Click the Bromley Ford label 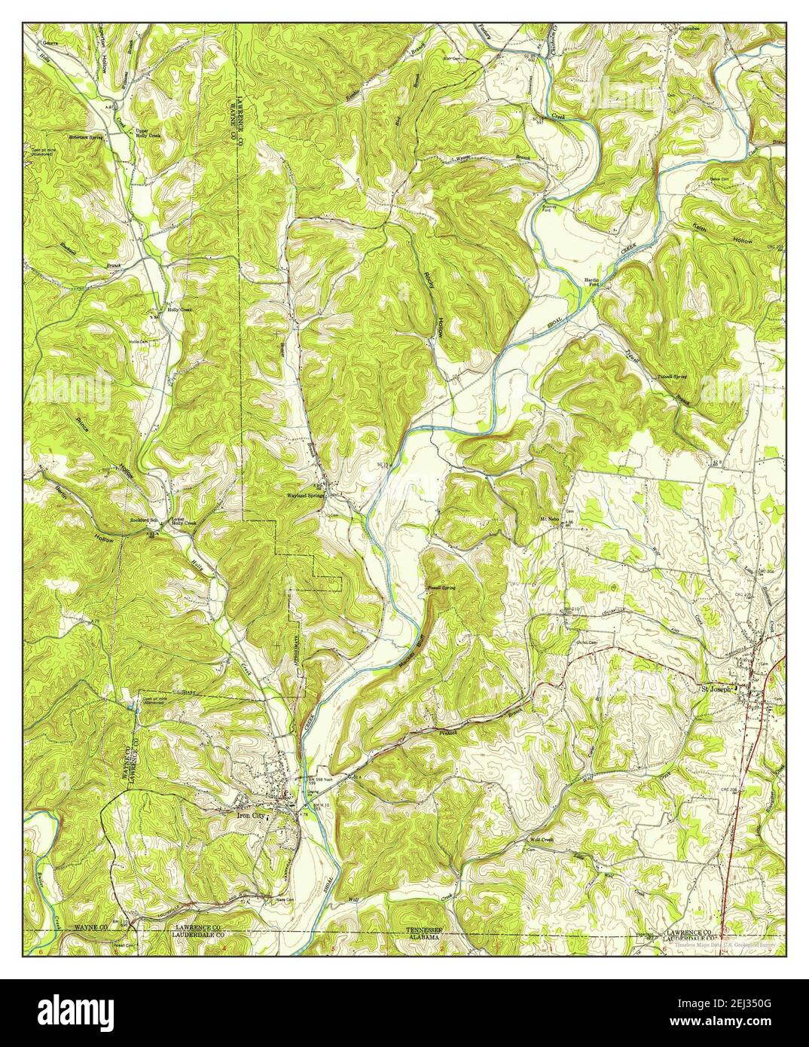pos(554,207)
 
